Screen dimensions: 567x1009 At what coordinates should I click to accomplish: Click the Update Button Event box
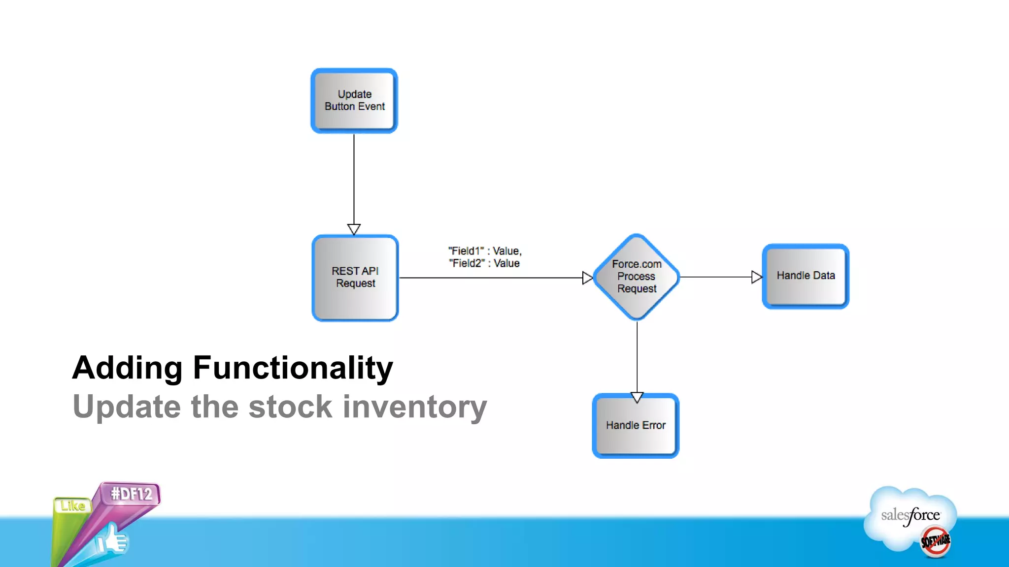tap(354, 100)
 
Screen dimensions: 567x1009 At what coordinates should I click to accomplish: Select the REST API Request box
tap(355, 278)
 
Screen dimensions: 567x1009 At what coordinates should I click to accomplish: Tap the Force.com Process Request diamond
tap(637, 277)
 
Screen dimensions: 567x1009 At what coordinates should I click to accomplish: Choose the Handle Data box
tap(806, 276)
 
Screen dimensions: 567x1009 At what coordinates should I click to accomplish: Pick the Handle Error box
tap(636, 426)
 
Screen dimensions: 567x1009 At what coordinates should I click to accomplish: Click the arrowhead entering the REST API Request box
tap(354, 229)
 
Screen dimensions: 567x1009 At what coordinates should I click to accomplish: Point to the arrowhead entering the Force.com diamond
tap(587, 278)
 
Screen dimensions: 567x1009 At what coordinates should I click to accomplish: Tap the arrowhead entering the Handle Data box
tap(756, 277)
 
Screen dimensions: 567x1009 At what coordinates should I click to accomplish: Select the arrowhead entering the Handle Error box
tap(637, 397)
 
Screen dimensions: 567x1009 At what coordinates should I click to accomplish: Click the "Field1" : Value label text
tap(485, 251)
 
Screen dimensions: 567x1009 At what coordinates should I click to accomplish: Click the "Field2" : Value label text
tap(484, 263)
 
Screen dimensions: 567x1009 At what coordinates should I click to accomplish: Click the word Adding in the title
tap(128, 368)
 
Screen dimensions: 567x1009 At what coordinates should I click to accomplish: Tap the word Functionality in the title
tap(293, 368)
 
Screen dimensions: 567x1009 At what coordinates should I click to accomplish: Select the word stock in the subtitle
tap(290, 407)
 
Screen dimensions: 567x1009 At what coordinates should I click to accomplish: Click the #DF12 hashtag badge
tap(131, 494)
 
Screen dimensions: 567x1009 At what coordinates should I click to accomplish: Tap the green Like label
tap(73, 506)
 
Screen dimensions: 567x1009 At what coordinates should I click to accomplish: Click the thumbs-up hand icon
tap(112, 540)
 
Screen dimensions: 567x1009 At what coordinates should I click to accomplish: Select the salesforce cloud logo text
tap(910, 516)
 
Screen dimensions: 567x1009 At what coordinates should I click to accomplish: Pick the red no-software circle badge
tap(935, 542)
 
